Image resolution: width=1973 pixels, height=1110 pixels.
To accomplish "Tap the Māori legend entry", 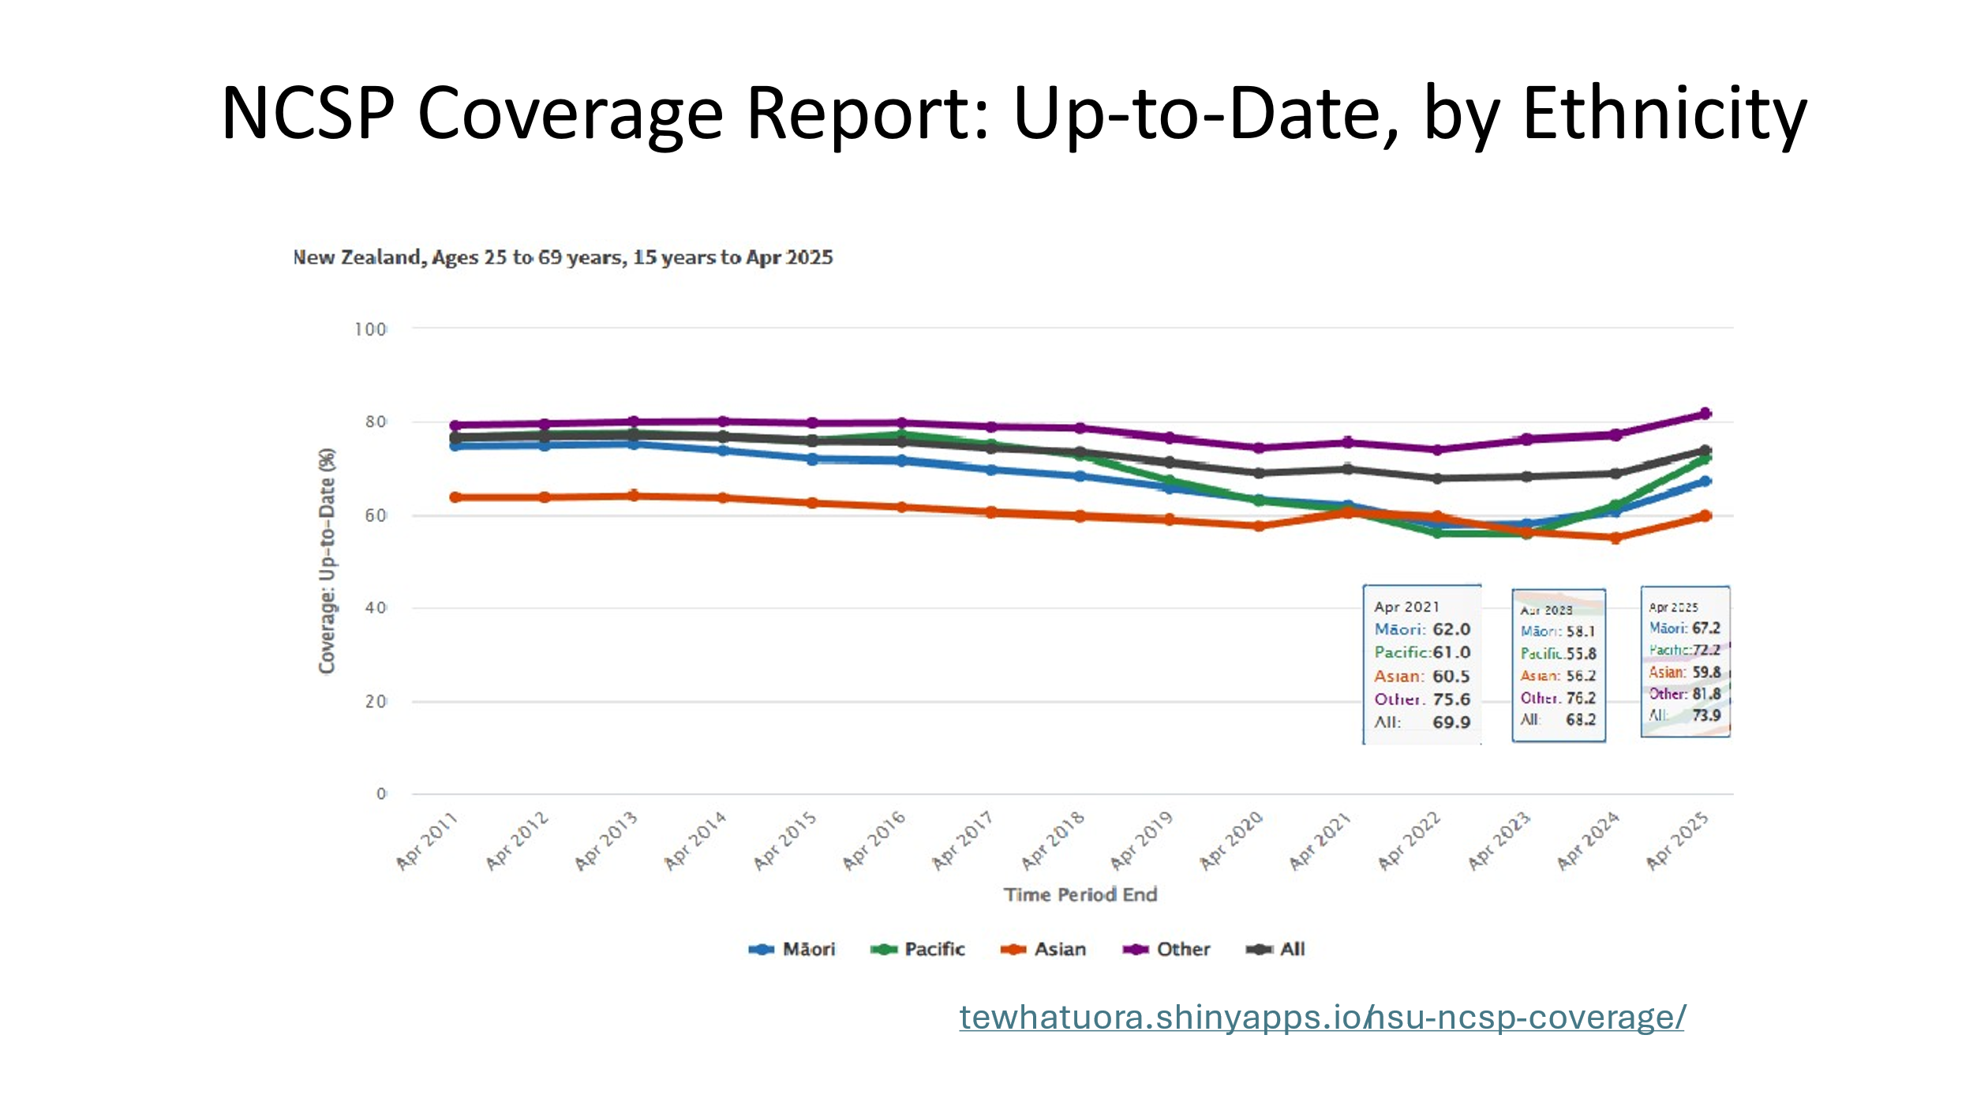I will tap(792, 949).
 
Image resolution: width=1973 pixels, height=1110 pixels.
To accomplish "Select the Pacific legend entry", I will tap(918, 949).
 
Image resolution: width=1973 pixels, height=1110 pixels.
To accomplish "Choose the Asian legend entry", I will tap(1043, 949).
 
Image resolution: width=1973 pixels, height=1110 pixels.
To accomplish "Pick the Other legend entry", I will tap(1167, 949).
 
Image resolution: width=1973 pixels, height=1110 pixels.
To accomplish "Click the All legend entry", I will tap(1276, 949).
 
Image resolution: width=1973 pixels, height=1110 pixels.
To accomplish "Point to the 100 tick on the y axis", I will tap(370, 329).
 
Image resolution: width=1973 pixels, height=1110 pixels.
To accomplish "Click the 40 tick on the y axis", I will tap(376, 608).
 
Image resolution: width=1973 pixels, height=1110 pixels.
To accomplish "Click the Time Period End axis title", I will tap(1080, 894).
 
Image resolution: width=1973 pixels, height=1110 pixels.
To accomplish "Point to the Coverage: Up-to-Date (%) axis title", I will tap(327, 561).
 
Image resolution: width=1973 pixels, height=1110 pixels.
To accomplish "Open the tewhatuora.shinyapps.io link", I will tap(1322, 1018).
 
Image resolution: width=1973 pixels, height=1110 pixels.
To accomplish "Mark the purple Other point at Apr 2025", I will tap(1705, 414).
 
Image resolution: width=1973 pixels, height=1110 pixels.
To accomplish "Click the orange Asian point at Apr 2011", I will tap(455, 497).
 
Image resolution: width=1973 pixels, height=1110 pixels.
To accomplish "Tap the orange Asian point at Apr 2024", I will tap(1615, 538).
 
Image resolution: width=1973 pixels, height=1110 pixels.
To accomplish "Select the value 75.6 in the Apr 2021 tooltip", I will tap(1451, 699).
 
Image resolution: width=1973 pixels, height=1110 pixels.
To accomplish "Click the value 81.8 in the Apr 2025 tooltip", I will tap(1706, 694).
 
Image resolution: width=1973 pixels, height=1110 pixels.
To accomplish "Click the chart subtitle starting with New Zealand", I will tap(563, 257).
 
